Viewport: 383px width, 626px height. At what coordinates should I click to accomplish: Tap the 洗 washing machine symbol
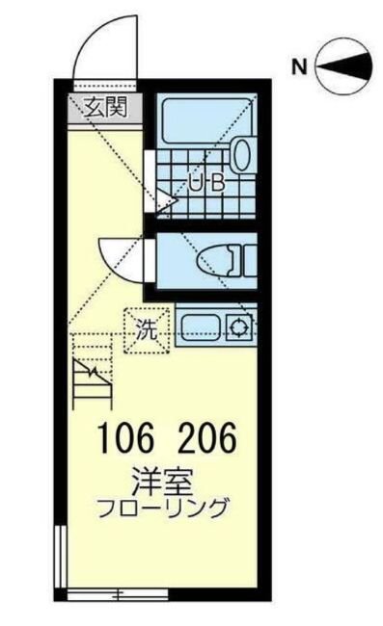(145, 327)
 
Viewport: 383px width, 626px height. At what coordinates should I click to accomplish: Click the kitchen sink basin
(199, 327)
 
